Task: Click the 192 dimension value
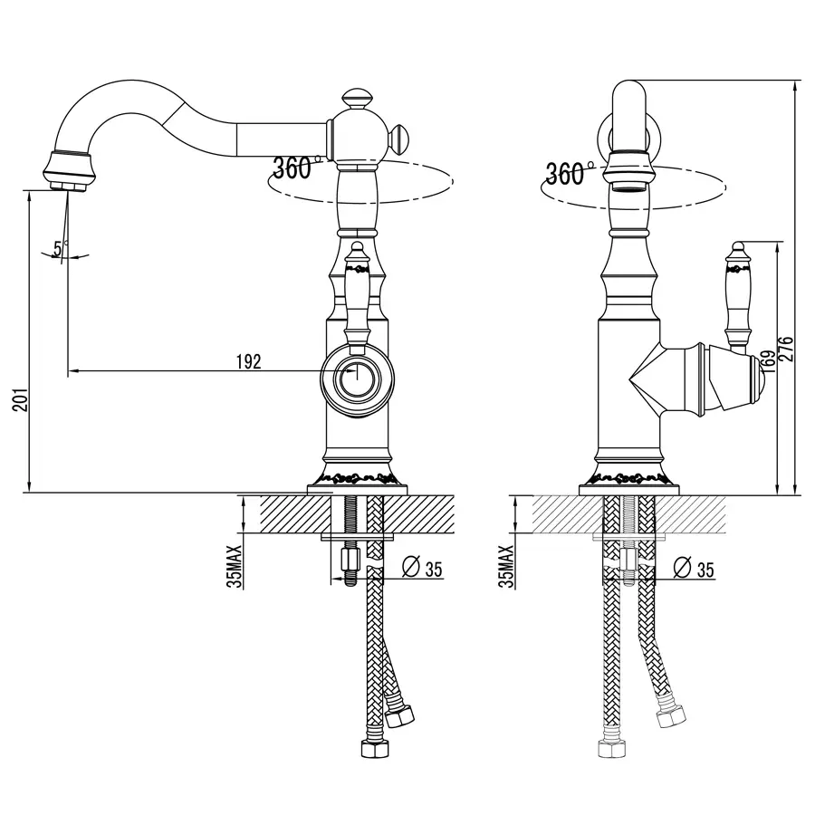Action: click(248, 361)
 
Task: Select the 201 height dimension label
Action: click(20, 399)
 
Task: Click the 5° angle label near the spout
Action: click(61, 248)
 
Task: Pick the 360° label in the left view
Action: click(294, 168)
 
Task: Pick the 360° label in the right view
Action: click(568, 173)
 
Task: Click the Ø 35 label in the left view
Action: click(422, 568)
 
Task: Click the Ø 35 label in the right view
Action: click(694, 568)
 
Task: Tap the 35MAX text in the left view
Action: click(235, 566)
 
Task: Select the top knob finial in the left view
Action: click(356, 100)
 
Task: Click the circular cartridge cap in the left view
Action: click(357, 379)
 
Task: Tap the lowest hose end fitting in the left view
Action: click(375, 748)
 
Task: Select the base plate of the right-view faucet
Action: click(629, 490)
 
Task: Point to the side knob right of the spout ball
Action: click(399, 139)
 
